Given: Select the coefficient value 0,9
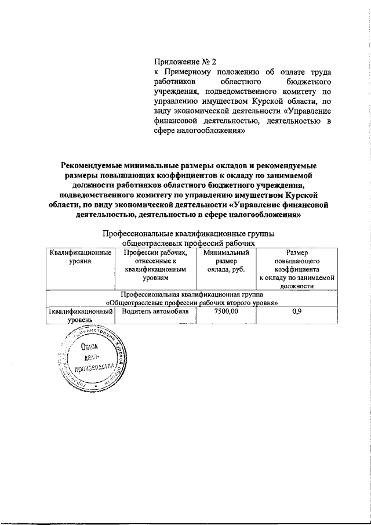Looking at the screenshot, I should (x=296, y=312).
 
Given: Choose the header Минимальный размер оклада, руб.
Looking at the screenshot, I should (x=225, y=261).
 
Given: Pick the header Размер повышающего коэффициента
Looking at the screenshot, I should (x=296, y=261).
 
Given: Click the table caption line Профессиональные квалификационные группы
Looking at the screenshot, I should (x=188, y=233).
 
